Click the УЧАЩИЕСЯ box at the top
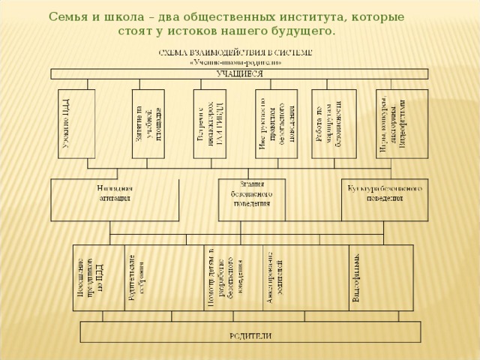tap(239, 74)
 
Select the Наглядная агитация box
tap(115, 198)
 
